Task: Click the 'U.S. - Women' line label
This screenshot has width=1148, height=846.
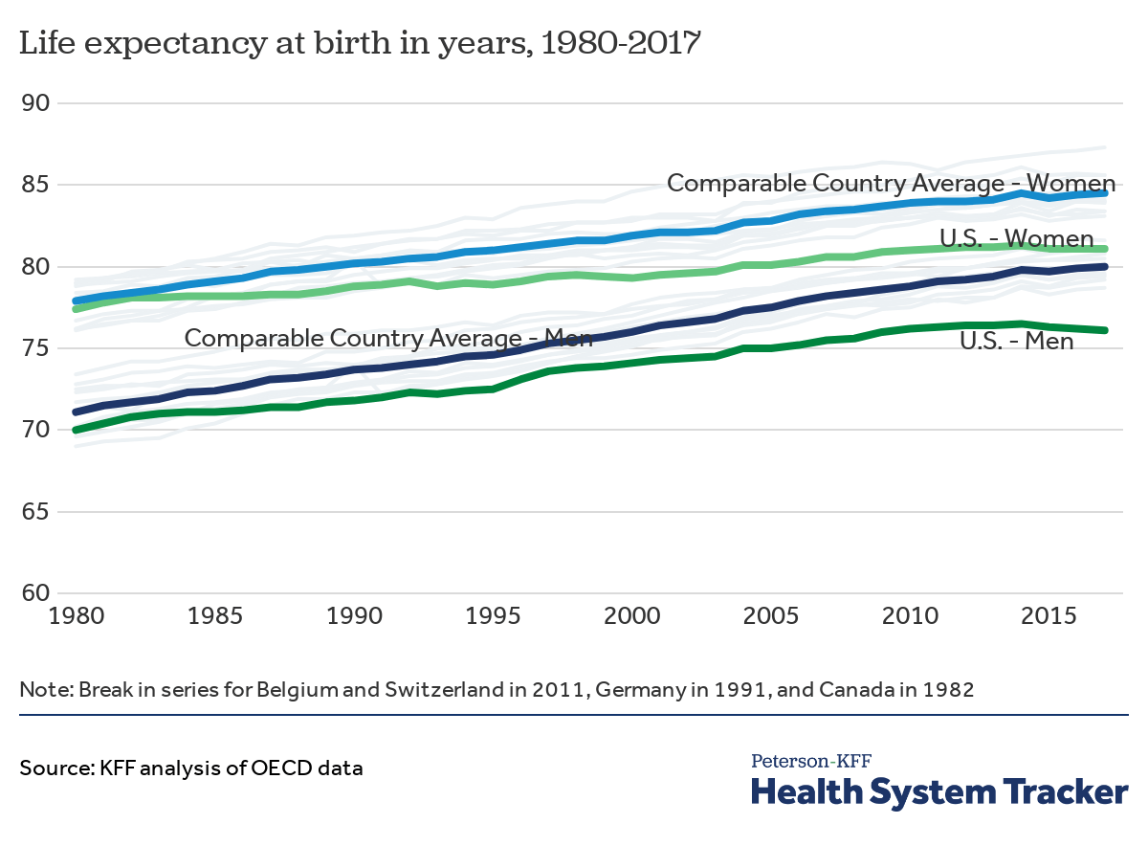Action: click(1017, 238)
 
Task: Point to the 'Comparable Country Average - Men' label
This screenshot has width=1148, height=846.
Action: click(388, 338)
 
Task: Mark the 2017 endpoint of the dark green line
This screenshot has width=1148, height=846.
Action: click(1106, 330)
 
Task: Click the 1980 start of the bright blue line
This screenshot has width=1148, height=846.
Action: click(76, 301)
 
